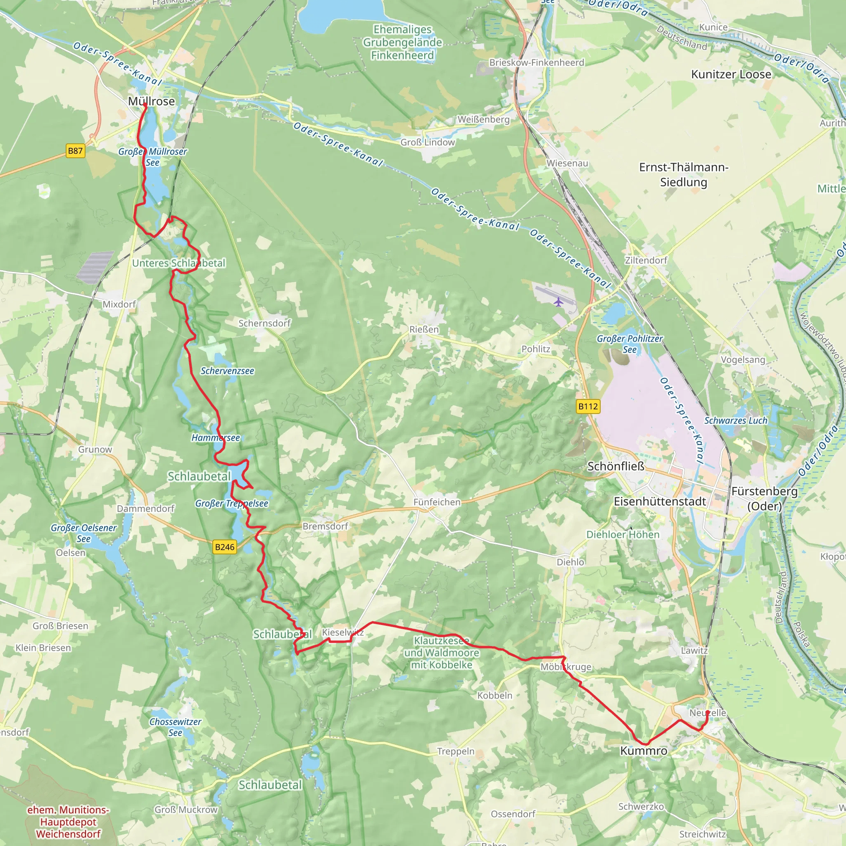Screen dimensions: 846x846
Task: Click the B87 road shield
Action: [75, 151]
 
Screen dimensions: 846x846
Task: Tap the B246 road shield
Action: [225, 547]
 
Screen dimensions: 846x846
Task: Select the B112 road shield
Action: [588, 406]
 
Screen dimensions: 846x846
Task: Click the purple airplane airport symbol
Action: [558, 302]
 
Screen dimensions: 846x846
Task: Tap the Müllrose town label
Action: [151, 101]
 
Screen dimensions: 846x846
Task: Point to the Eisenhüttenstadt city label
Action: [659, 501]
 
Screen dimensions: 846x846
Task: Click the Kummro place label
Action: [643, 751]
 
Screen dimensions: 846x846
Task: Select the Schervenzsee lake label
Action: [227, 371]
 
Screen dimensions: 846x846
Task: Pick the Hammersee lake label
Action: [216, 438]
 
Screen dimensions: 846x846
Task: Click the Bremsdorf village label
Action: [325, 526]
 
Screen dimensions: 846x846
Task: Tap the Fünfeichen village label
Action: [437, 502]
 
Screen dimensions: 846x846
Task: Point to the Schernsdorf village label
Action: [264, 323]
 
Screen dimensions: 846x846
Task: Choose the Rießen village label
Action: [423, 329]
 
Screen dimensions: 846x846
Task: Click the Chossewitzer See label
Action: [175, 727]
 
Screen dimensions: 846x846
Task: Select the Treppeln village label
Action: [455, 751]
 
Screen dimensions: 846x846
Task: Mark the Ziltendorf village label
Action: [646, 260]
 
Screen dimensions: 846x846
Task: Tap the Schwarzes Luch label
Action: [736, 421]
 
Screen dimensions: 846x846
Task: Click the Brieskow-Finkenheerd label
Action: [537, 63]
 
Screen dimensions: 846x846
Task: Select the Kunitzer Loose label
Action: [731, 74]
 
